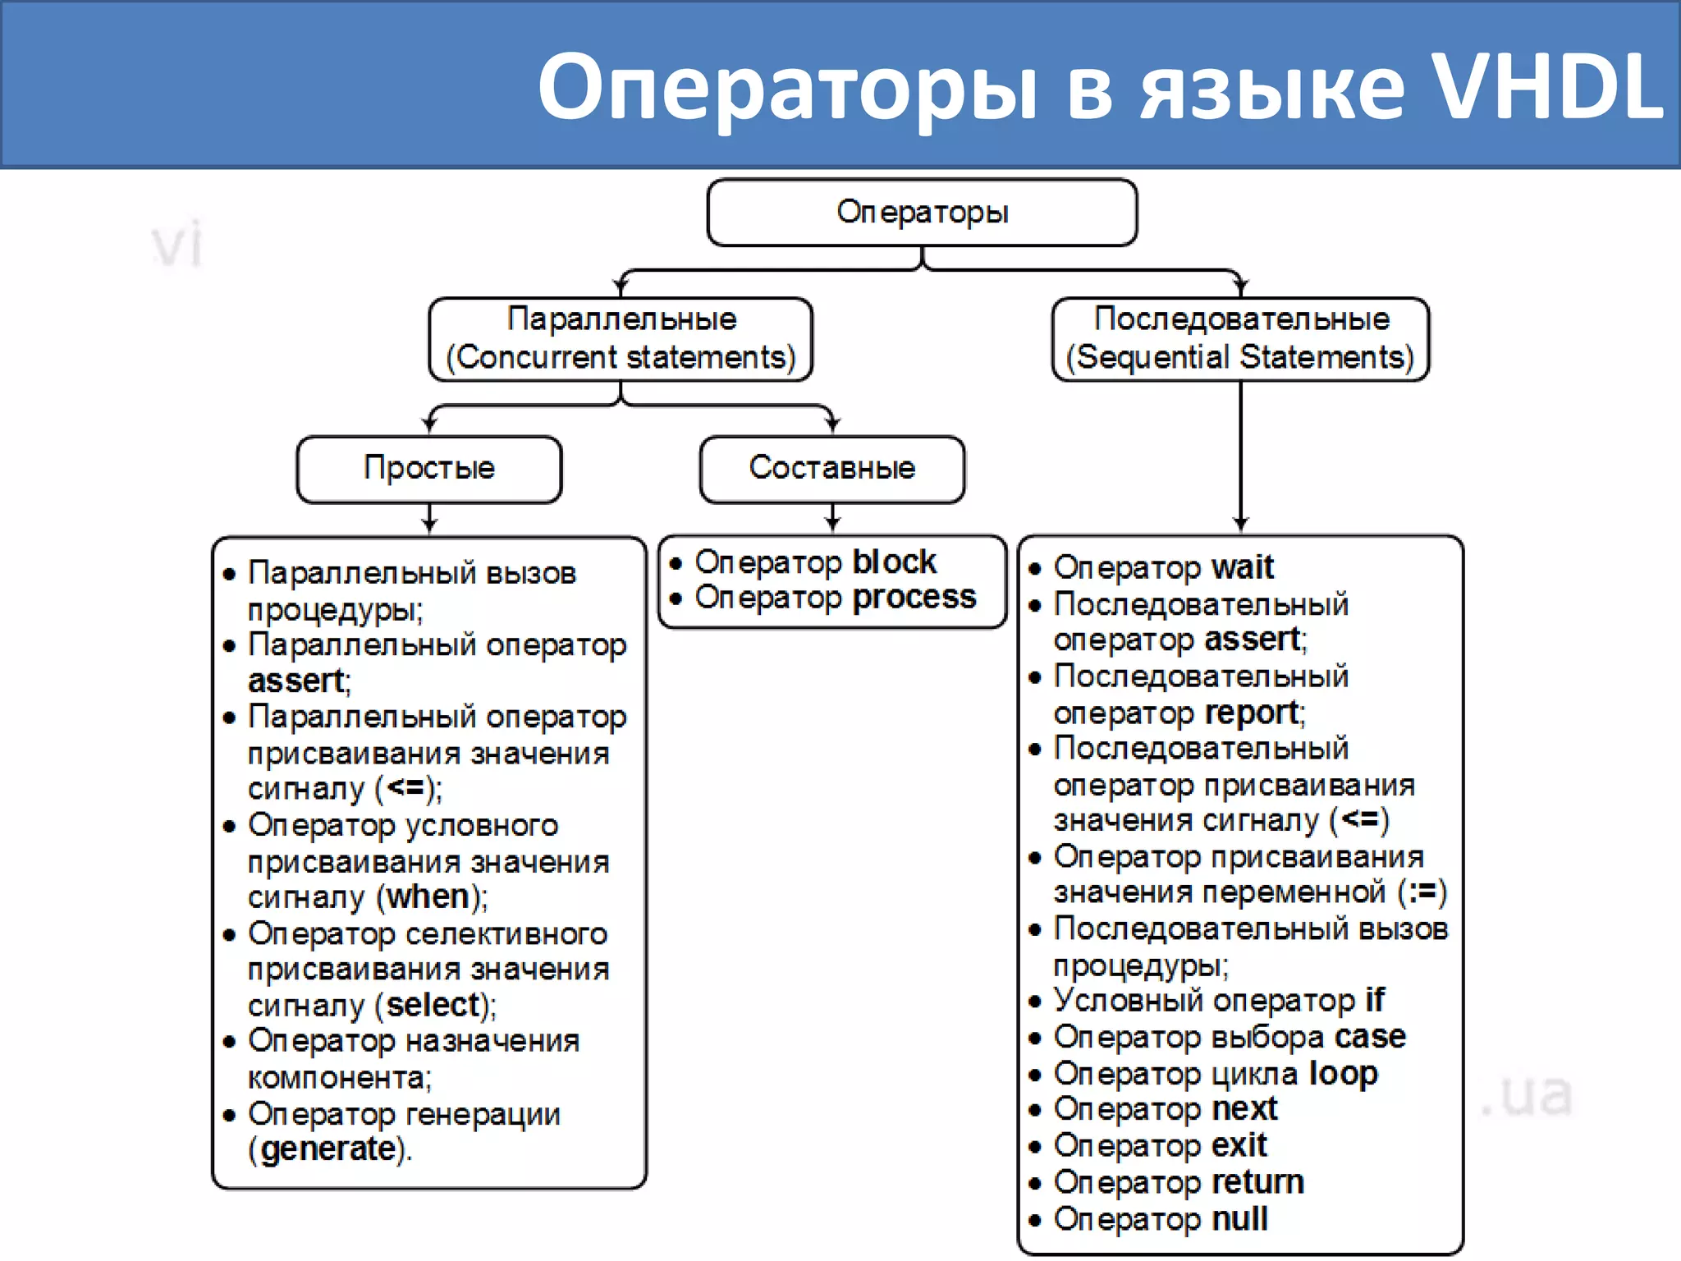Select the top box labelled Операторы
(922, 213)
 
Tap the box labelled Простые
(429, 468)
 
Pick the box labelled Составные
(831, 468)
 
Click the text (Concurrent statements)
(621, 358)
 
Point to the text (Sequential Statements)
(1240, 358)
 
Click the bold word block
(894, 562)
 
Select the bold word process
(914, 598)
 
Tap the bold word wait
(1243, 567)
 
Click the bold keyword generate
(328, 1149)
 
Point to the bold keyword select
(433, 1005)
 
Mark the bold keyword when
(428, 896)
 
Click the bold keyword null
(1240, 1219)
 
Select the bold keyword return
(1258, 1182)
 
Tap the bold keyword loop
(1343, 1073)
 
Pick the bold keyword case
(1370, 1037)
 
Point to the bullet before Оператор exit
(1035, 1147)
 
